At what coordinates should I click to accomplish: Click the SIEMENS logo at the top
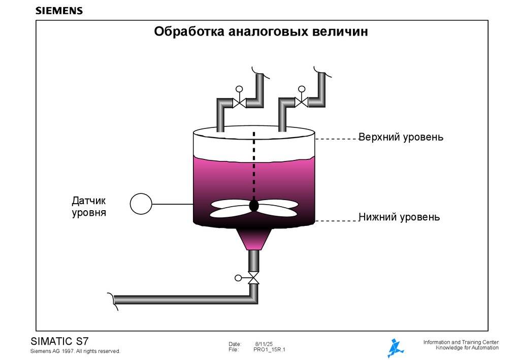59,11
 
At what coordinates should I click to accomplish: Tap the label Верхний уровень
401,138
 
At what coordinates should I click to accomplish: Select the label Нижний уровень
399,217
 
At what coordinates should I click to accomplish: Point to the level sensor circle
141,204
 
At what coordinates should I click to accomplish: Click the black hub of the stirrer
254,206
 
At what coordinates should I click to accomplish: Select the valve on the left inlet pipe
239,103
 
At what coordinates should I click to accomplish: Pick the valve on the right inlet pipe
302,102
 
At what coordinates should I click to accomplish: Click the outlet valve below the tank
253,279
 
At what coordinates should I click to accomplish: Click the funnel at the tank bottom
254,238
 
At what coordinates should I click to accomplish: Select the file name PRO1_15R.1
269,350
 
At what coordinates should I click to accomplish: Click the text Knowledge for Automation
467,348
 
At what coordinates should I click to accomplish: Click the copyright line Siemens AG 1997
75,351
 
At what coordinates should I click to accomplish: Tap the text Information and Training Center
461,342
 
